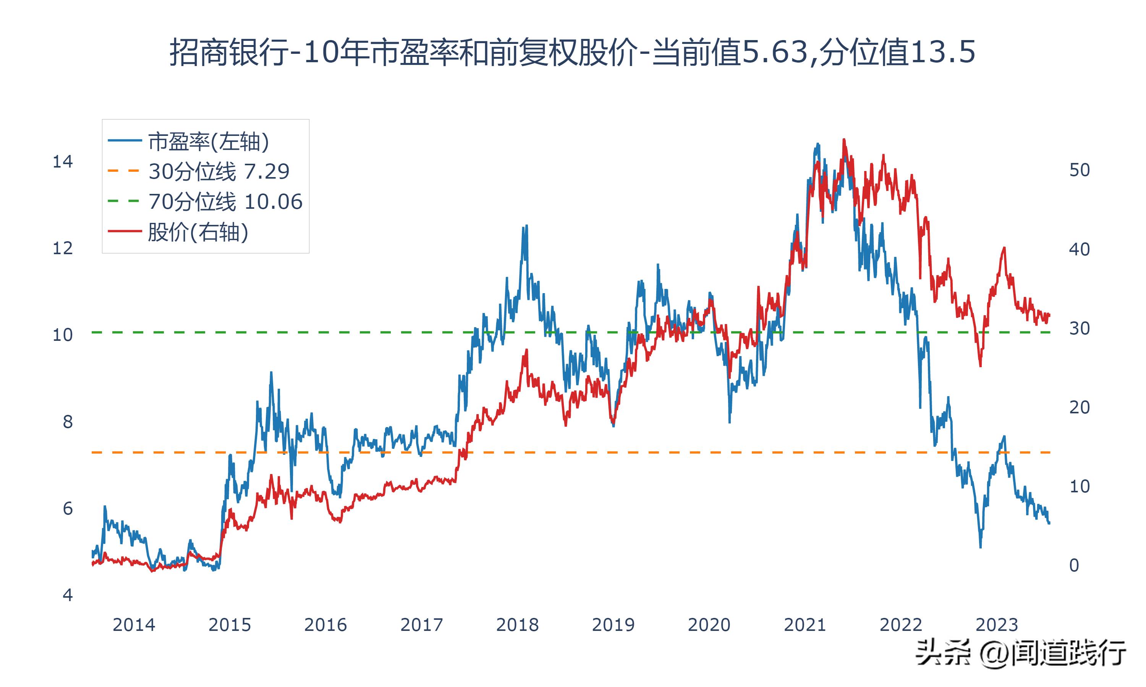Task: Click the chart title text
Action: point(573,52)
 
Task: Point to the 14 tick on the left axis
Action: point(63,162)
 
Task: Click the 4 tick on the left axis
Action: point(68,595)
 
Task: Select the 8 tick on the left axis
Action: point(68,422)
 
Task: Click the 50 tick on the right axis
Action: point(1079,170)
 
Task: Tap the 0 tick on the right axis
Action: point(1074,565)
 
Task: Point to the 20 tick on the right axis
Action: point(1079,407)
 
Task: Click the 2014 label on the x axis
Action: point(134,625)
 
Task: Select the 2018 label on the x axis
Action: point(517,625)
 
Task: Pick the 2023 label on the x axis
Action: point(997,625)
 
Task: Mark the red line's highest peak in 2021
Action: point(844,139)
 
